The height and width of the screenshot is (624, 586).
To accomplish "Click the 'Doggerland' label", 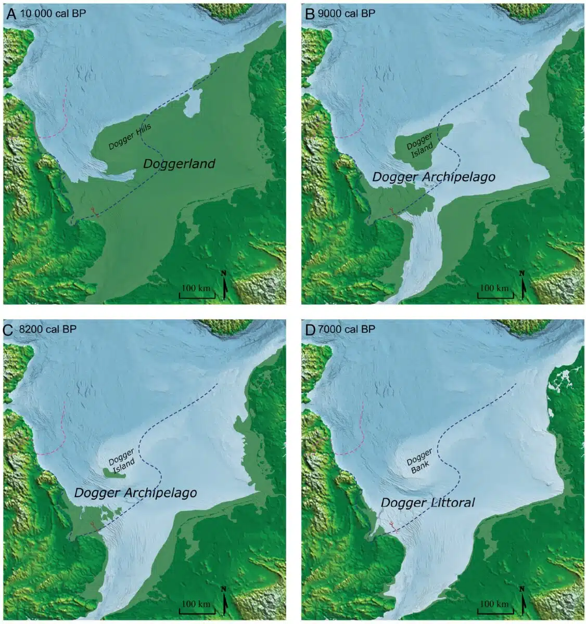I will coord(179,164).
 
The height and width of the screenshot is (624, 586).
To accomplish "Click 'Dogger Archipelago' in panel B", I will coord(434,177).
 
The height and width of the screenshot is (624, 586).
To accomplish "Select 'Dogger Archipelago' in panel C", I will coord(135,492).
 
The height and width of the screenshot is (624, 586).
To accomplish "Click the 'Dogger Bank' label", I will coord(420,459).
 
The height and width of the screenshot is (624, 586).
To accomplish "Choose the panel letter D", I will coord(310,329).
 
